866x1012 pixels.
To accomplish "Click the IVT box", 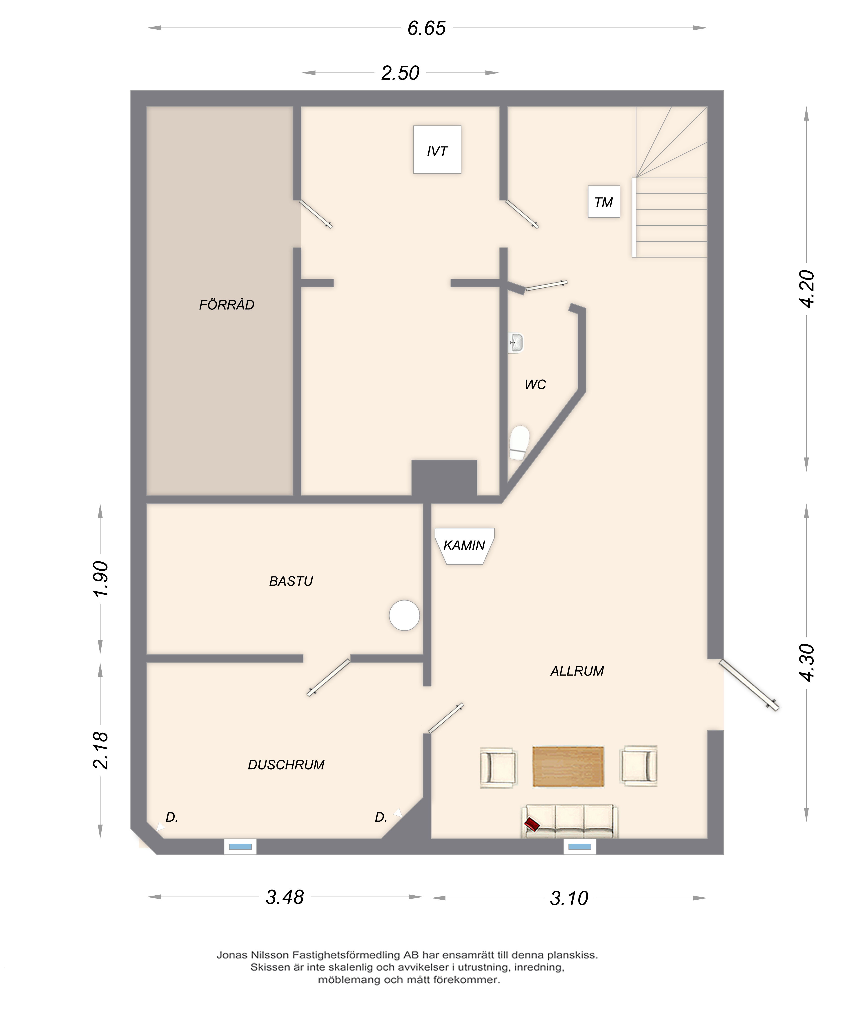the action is pos(437,149).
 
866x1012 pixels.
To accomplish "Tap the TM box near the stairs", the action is pos(604,202).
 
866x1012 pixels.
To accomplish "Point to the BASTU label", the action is pos(291,581).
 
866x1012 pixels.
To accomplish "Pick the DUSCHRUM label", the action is pos(286,765).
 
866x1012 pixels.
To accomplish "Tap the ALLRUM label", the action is pos(577,671).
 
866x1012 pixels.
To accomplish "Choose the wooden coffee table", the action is pos(568,766).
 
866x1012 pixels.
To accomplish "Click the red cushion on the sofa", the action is pos(531,825).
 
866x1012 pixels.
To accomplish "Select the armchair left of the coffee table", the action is pos(498,767).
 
